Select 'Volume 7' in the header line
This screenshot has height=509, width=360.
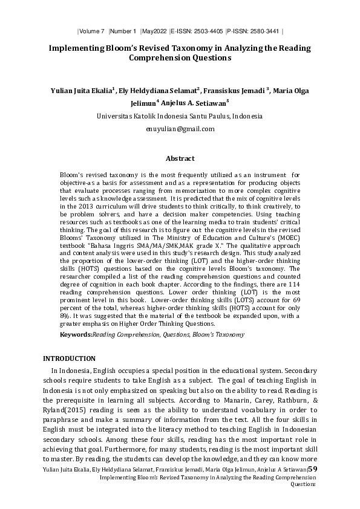[93, 30]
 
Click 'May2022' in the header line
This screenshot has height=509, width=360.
[154, 30]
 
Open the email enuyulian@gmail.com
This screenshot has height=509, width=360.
[180, 129]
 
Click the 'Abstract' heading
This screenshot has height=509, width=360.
[180, 159]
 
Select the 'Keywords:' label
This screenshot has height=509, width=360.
[76, 334]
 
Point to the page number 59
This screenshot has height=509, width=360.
[313, 469]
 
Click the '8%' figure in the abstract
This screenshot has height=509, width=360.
[65, 315]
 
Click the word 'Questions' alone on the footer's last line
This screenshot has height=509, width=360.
[304, 484]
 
